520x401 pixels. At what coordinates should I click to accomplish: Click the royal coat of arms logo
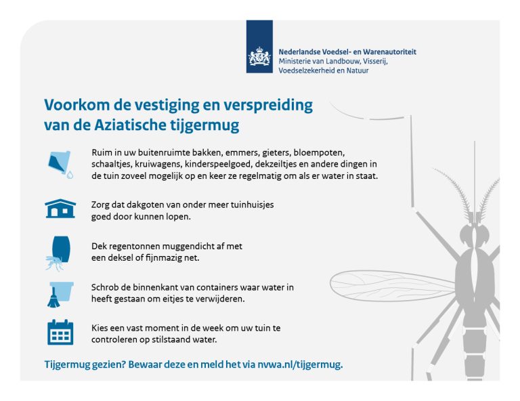[x=259, y=56]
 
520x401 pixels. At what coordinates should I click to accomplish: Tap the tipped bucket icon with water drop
[x=60, y=165]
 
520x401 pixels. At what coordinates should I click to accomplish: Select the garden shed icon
[x=60, y=209]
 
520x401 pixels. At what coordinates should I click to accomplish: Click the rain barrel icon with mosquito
[x=59, y=253]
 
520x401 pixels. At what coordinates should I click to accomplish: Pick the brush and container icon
[x=60, y=295]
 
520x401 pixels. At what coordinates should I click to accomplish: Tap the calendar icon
[x=60, y=332]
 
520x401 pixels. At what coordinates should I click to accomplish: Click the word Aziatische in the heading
[x=130, y=125]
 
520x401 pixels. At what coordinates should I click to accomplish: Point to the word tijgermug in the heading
[x=204, y=126]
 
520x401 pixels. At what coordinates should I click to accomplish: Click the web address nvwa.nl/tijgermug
[x=299, y=365]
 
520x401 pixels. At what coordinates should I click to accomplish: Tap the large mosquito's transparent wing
[x=392, y=286]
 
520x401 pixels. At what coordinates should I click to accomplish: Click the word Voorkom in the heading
[x=77, y=105]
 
